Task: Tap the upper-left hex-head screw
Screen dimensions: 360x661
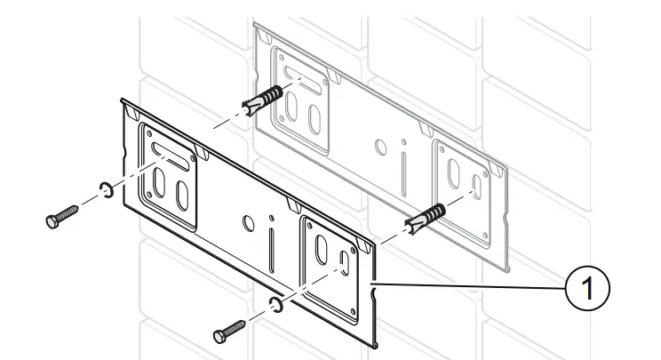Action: pos(60,217)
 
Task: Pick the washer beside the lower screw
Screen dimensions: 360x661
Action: pos(276,307)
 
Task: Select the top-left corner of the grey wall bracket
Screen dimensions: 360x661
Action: pos(257,26)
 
